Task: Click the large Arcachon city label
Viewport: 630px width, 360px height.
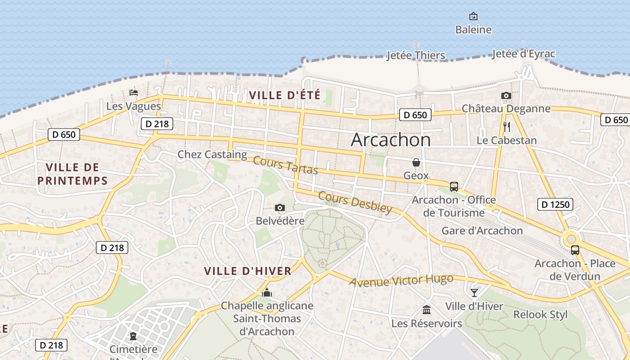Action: coord(391,140)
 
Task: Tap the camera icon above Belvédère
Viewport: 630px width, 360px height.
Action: coord(280,207)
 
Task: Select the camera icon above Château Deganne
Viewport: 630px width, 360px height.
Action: coord(506,95)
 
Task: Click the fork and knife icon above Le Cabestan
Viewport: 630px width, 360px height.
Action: coord(507,126)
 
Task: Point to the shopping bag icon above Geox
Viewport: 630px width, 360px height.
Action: coord(416,162)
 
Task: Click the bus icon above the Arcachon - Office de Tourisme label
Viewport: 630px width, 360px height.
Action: coord(454,186)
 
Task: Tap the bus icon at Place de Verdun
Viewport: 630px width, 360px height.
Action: coord(575,250)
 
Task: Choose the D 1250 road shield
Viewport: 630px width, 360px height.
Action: coord(555,204)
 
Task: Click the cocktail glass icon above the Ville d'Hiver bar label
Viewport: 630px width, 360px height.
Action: coord(474,292)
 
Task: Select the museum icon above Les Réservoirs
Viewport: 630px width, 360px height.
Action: coord(426,310)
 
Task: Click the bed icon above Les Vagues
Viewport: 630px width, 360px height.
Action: coord(134,93)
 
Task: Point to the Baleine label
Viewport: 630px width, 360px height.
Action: coord(473,30)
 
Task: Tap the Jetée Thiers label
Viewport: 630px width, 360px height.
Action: coord(416,55)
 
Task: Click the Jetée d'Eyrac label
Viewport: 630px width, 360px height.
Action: coord(523,54)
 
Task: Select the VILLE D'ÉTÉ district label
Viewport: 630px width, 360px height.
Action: coord(284,95)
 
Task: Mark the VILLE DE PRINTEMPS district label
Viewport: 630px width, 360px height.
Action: coord(72,174)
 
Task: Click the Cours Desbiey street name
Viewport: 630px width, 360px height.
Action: coord(355,202)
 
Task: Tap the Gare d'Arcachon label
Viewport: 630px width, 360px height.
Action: coord(482,231)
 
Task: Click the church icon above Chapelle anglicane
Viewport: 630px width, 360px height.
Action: coord(267,293)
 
